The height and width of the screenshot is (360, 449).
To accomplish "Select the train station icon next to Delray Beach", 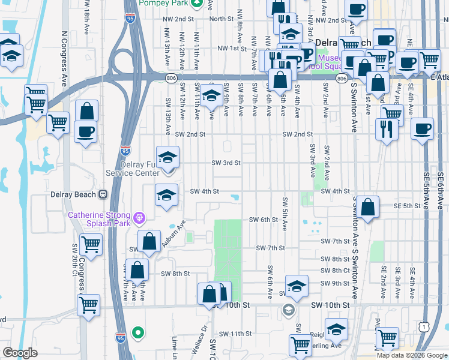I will coord(103,194).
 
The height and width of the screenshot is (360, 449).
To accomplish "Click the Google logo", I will coord(20,353).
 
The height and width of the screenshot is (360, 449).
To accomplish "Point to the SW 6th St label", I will coord(264,220).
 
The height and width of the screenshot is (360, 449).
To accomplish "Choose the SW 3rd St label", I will coord(226,163).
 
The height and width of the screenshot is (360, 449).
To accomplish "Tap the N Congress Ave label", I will coord(64,59).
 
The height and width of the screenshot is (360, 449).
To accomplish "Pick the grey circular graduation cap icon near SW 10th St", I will coord(289,310).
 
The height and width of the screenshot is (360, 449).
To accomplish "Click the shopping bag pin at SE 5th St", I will coord(370,207).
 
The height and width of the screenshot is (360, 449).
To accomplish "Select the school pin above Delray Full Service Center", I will coord(168,158).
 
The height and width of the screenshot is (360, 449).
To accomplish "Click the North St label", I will coord(221,19).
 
